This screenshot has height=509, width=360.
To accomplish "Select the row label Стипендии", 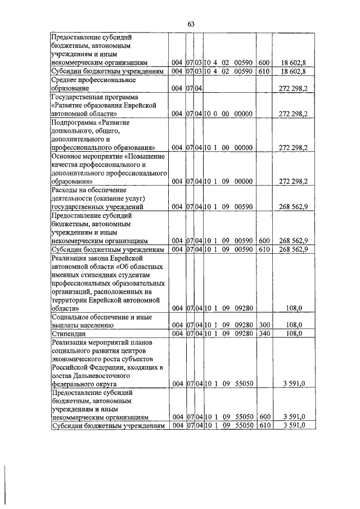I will pos(68,334).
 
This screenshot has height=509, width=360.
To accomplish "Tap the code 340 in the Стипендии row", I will pos(263,334).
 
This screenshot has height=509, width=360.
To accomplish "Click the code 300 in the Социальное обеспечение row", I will pos(263,325).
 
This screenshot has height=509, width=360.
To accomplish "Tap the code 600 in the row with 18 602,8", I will pos(263,64).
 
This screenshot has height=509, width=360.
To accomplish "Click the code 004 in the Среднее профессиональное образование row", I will pos(178,89).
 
